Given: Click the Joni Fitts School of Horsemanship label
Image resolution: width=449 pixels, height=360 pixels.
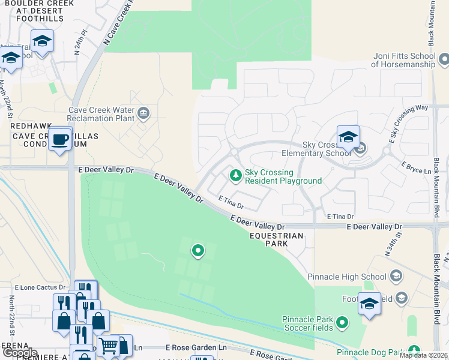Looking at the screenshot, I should (403, 59).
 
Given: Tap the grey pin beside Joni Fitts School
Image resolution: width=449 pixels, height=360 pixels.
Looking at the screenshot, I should (444, 59).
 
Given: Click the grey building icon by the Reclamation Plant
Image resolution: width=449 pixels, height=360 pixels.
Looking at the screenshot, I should (143, 112).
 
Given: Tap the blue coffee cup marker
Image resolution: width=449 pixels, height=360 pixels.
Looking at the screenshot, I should (59, 139).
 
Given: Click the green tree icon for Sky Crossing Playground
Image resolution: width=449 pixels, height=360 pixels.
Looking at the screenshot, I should (236, 175).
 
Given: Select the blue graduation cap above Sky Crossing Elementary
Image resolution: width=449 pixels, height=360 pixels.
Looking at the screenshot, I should (348, 137).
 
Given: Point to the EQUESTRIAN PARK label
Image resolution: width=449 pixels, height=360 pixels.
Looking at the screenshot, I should (277, 240).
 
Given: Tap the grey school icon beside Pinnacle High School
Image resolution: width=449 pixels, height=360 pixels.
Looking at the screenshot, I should (396, 276).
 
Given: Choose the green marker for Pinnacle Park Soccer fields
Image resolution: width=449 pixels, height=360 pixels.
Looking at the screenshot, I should (342, 323).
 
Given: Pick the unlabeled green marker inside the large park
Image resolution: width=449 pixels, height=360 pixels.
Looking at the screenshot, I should (197, 250).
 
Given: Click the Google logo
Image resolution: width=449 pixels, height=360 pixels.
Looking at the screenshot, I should (20, 353).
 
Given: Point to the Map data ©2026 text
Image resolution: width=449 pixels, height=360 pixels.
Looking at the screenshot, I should (424, 355).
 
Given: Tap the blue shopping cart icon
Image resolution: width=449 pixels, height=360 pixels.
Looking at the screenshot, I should (108, 345).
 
